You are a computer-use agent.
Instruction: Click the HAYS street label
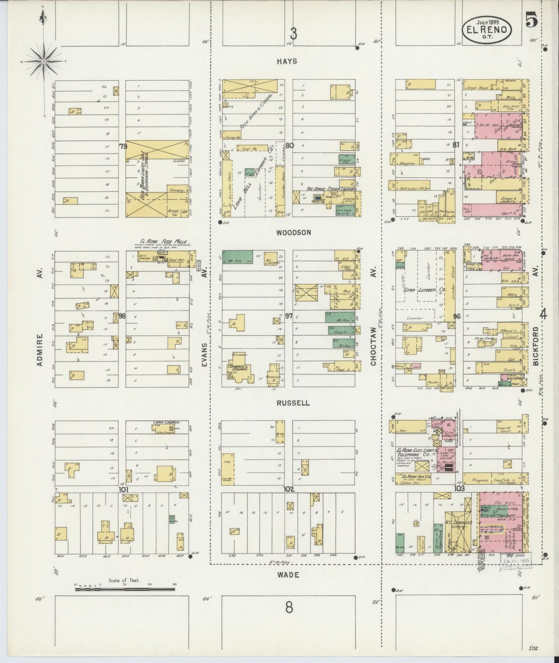pyautogui.click(x=287, y=61)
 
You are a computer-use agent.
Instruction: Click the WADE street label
pyautogui.click(x=288, y=575)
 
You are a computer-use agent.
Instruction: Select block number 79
pyautogui.click(x=123, y=146)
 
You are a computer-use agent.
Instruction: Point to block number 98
pyautogui.click(x=122, y=316)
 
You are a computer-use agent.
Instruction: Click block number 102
pyautogui.click(x=289, y=489)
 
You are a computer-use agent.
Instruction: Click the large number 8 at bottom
pyautogui.click(x=289, y=608)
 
